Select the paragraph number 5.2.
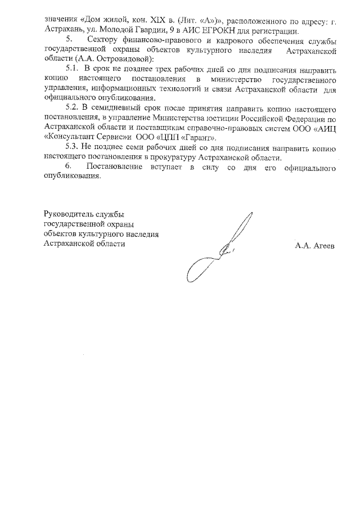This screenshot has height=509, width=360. (74, 107)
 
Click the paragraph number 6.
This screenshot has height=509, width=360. (68, 166)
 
